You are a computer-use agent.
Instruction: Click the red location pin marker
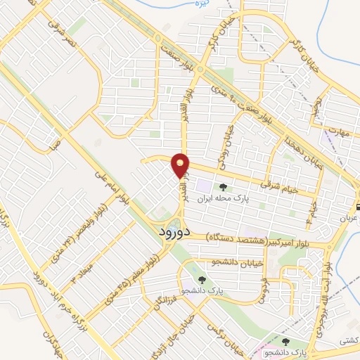(x=181, y=165)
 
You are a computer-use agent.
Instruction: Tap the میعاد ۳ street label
(x=82, y=273)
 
